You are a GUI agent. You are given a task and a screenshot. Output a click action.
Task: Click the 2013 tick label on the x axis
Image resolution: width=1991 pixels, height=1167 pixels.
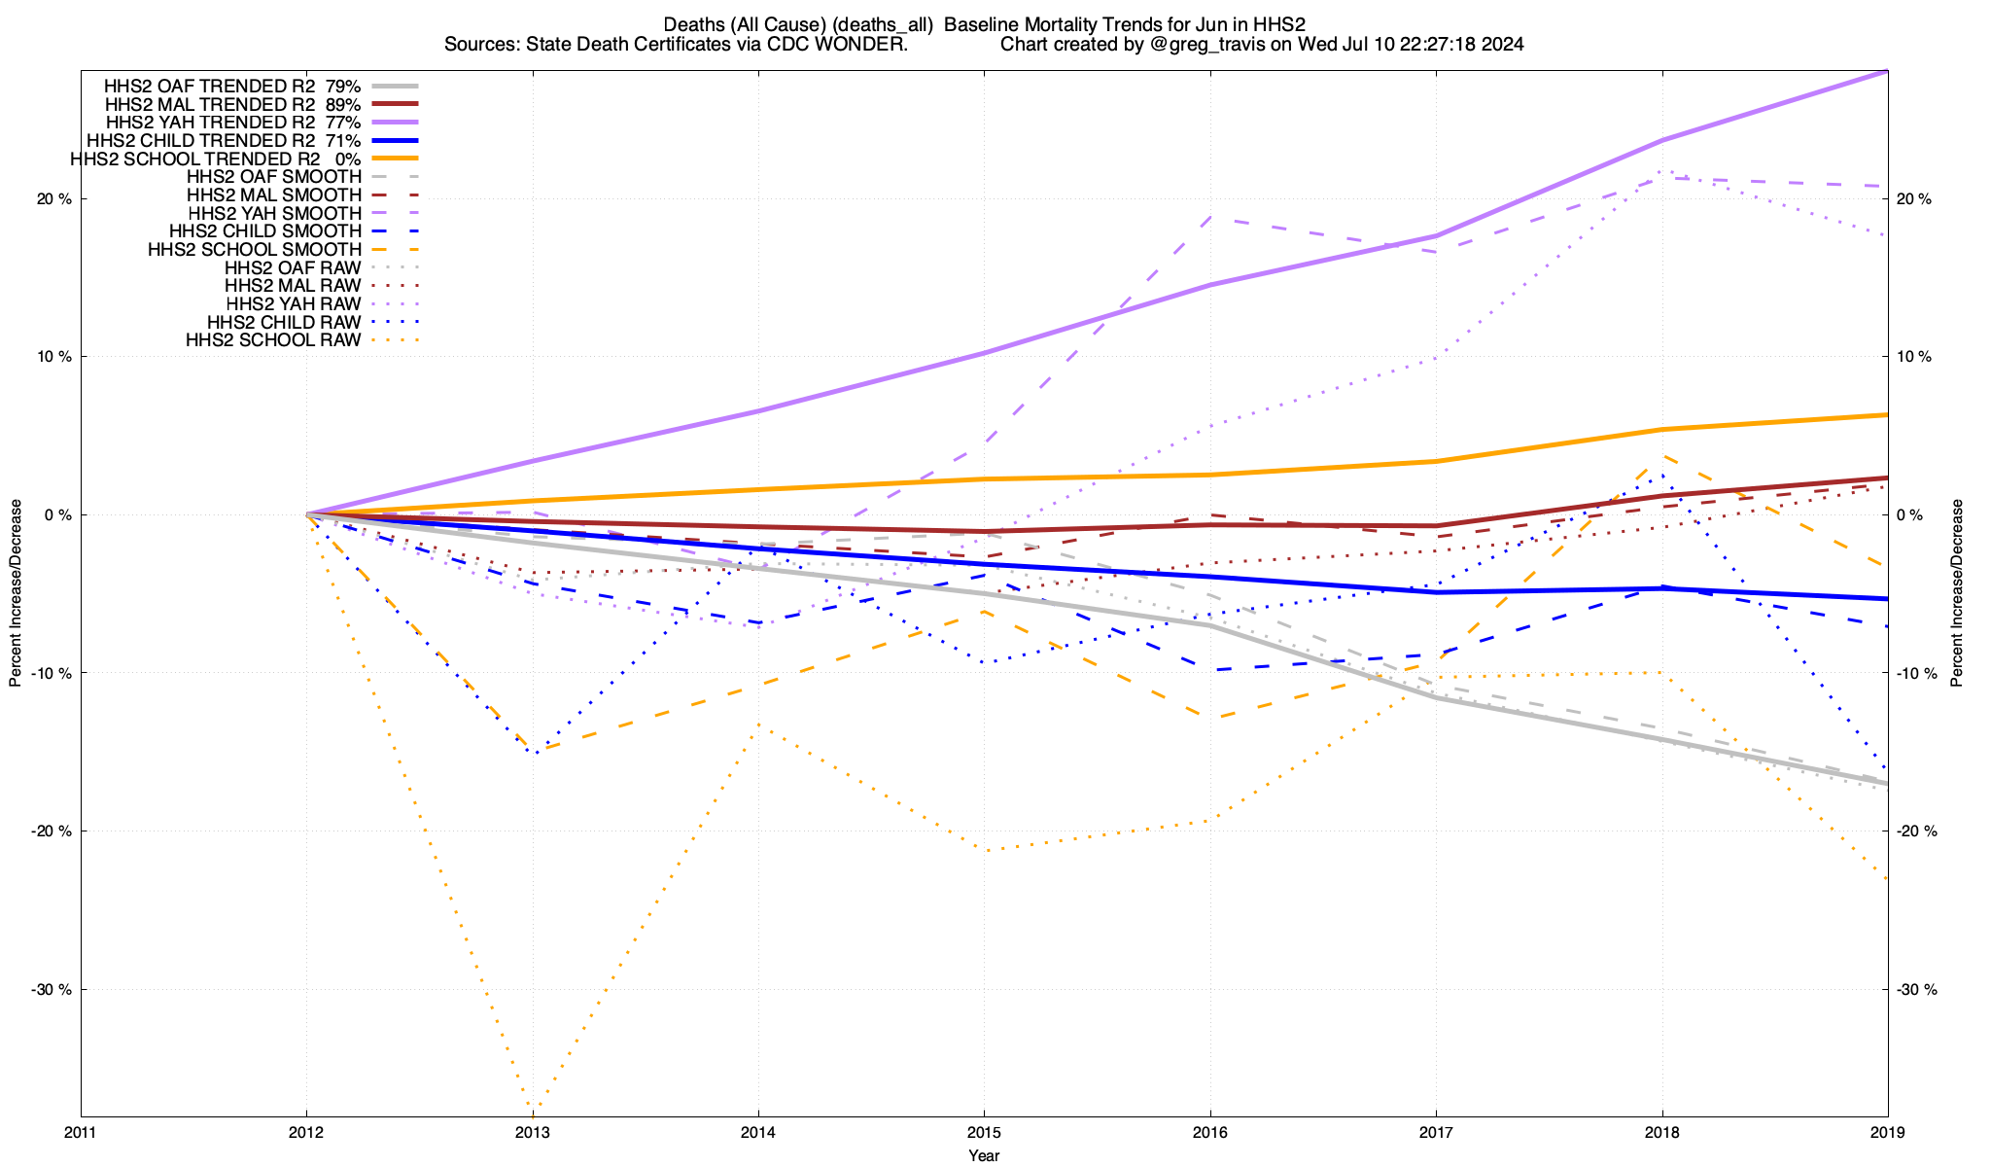(532, 1132)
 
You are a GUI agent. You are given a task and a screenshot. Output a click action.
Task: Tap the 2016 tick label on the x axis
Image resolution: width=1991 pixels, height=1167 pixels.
(1209, 1132)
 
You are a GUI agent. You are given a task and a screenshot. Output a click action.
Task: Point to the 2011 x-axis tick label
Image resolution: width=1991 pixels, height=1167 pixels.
(81, 1132)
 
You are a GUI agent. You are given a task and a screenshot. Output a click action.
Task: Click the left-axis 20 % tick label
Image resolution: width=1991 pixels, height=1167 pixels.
(53, 198)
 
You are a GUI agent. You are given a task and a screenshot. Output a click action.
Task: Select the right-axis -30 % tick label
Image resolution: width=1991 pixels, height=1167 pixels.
(1915, 989)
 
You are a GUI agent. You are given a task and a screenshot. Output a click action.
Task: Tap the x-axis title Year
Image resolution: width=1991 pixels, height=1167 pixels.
(984, 1155)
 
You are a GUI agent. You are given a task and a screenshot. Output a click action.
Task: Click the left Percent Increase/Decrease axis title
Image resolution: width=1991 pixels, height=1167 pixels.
(16, 593)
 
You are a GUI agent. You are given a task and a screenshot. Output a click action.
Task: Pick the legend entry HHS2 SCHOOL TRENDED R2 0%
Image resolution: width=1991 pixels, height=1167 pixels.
(215, 159)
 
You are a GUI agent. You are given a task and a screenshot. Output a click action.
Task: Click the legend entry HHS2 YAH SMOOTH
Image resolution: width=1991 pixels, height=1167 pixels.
(274, 213)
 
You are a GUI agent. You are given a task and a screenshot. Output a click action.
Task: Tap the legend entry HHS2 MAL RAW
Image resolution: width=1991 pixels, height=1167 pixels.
(293, 286)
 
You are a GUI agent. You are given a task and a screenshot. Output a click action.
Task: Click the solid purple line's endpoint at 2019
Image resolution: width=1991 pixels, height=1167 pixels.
(1887, 71)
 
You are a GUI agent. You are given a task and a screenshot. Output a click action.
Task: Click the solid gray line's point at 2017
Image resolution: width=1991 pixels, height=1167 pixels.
(1436, 697)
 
